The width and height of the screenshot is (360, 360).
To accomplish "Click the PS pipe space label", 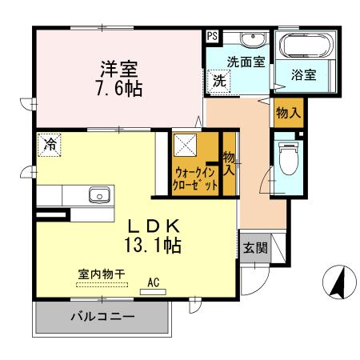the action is [213, 36].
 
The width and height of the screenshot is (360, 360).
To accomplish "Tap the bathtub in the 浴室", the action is [306, 46].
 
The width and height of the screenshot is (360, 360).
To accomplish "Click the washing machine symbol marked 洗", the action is [219, 82].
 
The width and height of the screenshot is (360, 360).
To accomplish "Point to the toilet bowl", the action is [288, 158].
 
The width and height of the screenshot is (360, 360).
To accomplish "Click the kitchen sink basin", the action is [99, 195].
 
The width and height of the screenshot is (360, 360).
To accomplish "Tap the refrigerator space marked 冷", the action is [50, 145].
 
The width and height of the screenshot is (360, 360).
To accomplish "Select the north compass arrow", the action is [338, 282].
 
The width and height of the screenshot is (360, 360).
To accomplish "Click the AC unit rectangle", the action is [153, 292].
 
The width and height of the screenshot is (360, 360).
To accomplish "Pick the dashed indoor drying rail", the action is [102, 285].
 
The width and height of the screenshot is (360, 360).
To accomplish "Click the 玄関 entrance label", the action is [255, 248].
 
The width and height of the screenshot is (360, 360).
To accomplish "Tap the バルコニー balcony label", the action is [102, 317].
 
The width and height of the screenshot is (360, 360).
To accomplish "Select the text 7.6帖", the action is [119, 88].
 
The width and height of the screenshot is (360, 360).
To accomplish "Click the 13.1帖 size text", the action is [153, 246].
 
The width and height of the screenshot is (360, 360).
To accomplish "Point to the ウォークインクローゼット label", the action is [195, 178].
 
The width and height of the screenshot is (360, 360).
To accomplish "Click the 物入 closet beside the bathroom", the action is [289, 112].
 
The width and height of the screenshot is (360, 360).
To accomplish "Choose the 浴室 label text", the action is [304, 74].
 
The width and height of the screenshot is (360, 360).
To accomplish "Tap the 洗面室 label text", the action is [246, 62].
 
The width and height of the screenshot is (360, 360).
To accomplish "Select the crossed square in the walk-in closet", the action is [186, 145].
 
